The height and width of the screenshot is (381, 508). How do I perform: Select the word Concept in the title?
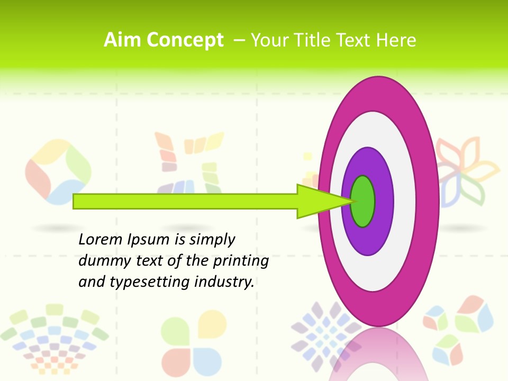coord(185,40)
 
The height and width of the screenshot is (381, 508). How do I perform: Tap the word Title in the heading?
coord(314,40)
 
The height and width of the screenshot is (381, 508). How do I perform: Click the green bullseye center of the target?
coord(362,202)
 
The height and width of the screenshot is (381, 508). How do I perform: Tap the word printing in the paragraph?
coord(241,261)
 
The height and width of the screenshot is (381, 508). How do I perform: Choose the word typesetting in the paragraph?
coord(150,283)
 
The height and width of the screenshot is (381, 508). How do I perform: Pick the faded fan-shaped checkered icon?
coord(53,337)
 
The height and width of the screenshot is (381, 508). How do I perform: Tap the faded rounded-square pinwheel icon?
coord(58,172)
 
